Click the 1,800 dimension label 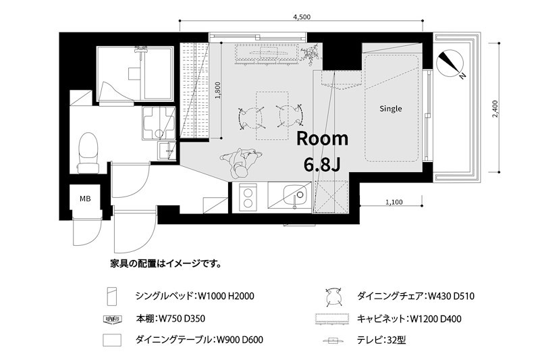coord(217,91)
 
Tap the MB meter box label coord(86,199)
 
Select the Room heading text coord(323,139)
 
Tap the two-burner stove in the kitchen coord(248,198)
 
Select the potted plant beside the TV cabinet coord(311,54)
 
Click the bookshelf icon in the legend coord(112,318)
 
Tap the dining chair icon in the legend coord(332,295)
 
